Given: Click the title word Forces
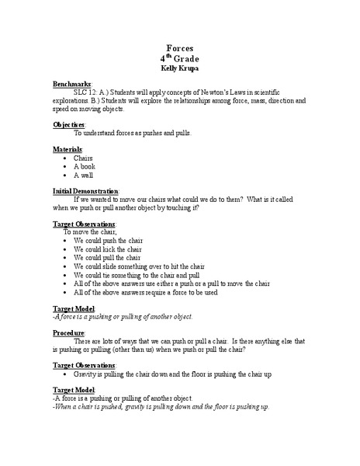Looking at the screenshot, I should [x=179, y=48].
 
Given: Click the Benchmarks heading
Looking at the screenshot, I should [x=72, y=83].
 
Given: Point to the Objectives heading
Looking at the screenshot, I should [x=69, y=124].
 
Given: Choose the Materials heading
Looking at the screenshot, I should [x=67, y=148].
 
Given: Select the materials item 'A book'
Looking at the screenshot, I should [x=85, y=166].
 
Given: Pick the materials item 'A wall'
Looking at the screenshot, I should [x=85, y=175].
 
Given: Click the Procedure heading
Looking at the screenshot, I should [x=71, y=332].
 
